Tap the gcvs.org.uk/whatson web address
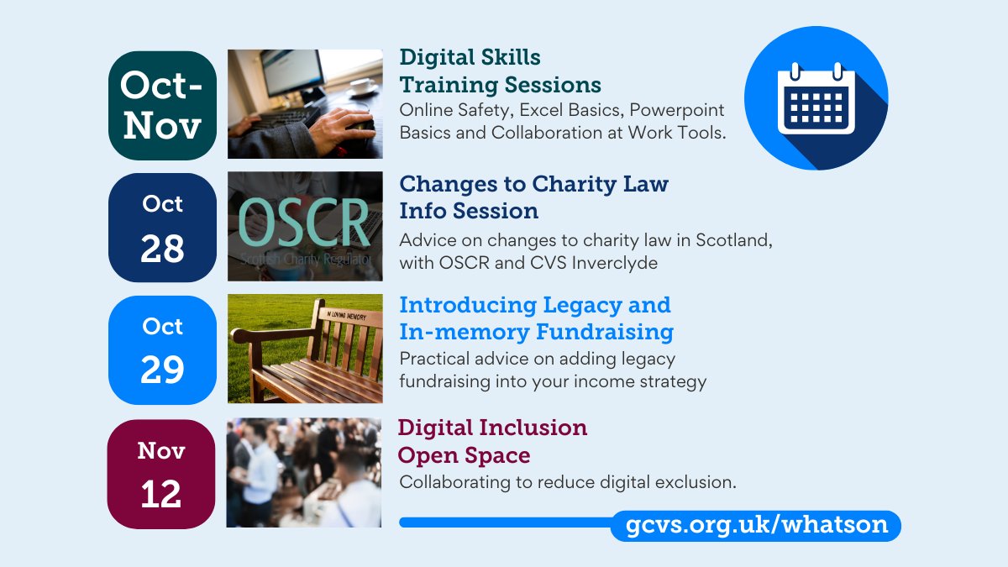click(756, 525)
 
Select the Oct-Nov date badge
click(162, 106)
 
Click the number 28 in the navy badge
click(162, 249)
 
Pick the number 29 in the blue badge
click(162, 370)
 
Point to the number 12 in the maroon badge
click(161, 494)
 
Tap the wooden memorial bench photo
click(305, 349)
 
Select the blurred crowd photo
click(304, 472)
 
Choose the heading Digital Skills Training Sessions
click(500, 71)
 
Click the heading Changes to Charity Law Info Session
click(533, 197)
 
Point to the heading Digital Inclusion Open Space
click(492, 441)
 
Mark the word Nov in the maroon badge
click(161, 451)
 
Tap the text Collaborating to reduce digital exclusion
click(568, 482)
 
